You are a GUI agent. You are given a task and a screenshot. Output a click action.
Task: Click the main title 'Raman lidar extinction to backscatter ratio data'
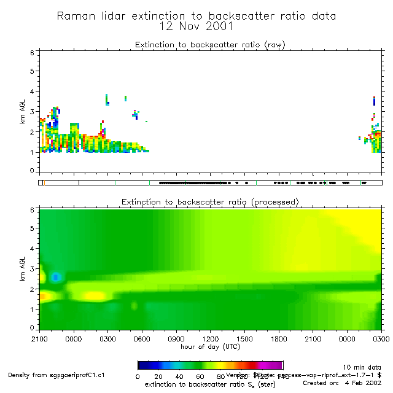tap(196, 16)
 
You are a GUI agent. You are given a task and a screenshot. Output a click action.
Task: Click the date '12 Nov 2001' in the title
tap(196, 26)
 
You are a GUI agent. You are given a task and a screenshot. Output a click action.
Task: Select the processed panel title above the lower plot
tap(210, 202)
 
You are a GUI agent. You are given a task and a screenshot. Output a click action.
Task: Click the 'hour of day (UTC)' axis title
tap(210, 346)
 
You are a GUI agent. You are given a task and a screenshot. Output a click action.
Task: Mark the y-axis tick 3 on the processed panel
tap(33, 269)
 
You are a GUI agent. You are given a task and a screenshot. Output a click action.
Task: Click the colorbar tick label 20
tap(158, 376)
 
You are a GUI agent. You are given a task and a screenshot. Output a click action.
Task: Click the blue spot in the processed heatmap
tap(56, 277)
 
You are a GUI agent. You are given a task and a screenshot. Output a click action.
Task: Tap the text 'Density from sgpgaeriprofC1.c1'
tap(56, 375)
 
